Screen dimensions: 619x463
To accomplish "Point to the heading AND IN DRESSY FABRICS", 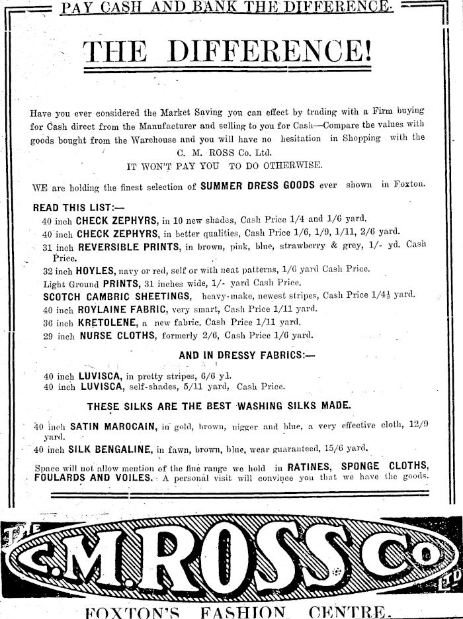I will click(x=246, y=356).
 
